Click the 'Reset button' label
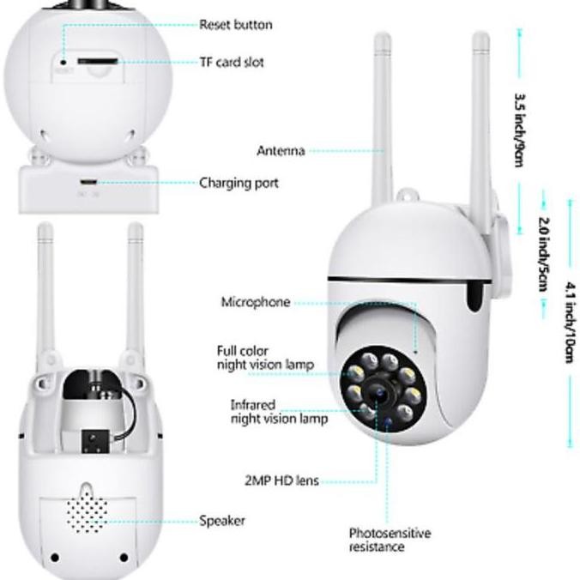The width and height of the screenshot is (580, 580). (235, 24)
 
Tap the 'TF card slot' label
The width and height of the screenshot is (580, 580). (232, 63)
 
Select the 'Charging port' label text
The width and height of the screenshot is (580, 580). (239, 183)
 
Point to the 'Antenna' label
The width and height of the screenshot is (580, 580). (281, 151)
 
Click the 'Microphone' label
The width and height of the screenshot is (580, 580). (256, 302)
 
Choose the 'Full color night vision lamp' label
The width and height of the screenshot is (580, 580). (264, 358)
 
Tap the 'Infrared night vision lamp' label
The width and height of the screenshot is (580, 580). (278, 411)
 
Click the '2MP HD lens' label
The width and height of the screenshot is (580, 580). (281, 480)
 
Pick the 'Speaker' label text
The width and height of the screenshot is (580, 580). (222, 521)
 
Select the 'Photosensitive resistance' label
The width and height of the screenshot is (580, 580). (389, 540)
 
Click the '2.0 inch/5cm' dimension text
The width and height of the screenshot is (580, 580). (542, 252)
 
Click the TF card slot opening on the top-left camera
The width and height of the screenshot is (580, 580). (96, 62)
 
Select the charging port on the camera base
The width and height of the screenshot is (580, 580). (88, 183)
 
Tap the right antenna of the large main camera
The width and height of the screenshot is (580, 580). (481, 120)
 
